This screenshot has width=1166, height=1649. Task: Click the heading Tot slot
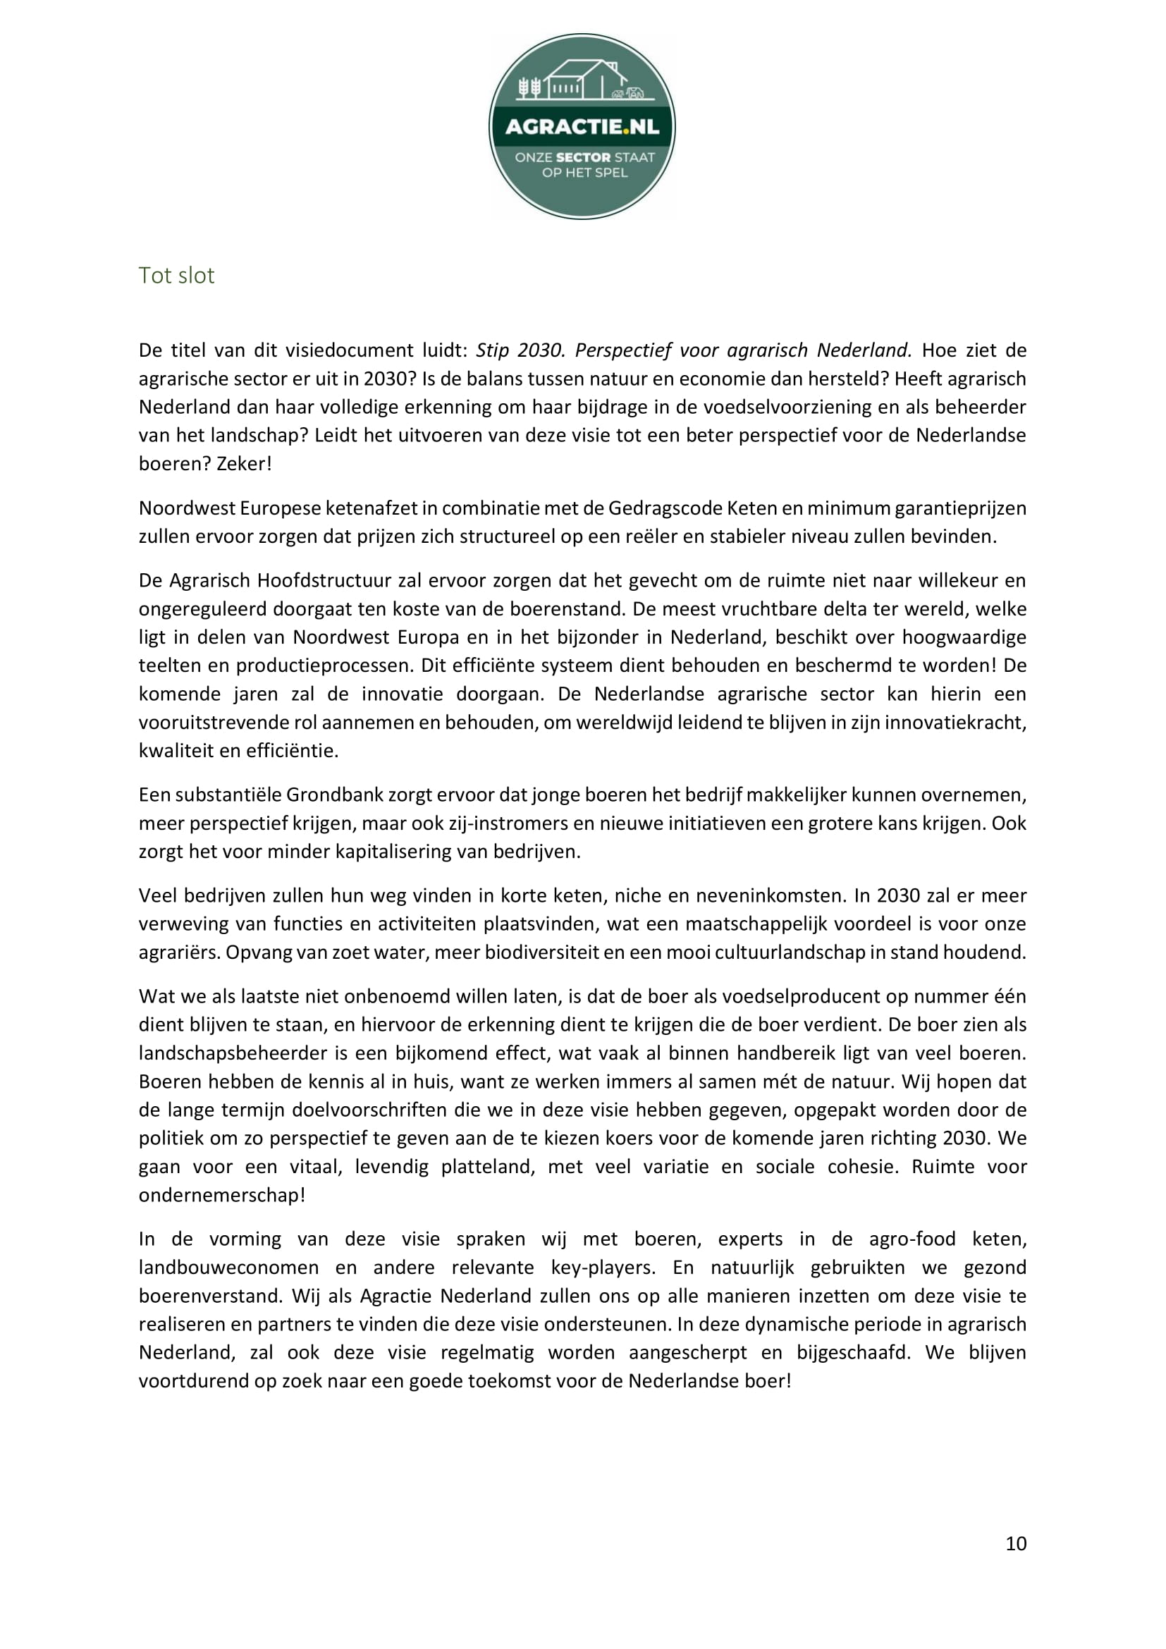176,275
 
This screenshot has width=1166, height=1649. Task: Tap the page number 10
1015,1543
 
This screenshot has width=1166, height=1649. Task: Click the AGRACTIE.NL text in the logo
582,127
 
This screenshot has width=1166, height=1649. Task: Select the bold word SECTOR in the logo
583,157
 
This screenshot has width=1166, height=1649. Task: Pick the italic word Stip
492,350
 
